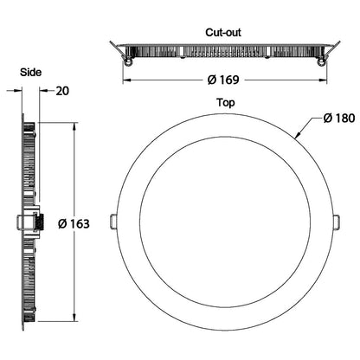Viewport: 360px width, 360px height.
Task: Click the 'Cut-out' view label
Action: point(223,32)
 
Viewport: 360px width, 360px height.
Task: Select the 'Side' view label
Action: point(32,74)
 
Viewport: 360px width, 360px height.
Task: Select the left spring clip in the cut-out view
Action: point(127,61)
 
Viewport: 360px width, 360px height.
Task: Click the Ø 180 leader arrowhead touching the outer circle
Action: point(297,138)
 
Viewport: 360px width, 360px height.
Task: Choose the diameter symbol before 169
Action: point(210,80)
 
